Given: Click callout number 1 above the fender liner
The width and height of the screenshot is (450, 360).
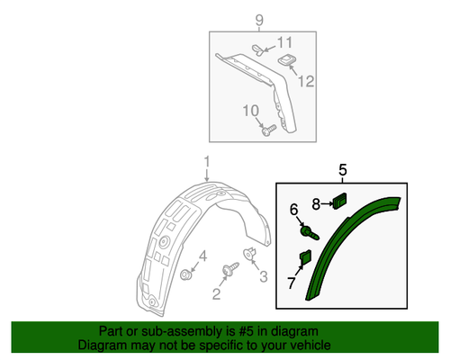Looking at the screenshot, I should [205, 163].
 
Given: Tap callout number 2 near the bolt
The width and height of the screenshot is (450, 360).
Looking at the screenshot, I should [217, 292].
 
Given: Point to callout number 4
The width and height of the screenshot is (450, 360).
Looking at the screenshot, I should [203, 256].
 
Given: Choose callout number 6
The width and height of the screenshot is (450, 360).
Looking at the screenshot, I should [293, 210].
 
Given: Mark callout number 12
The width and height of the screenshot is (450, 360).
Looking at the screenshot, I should [306, 81].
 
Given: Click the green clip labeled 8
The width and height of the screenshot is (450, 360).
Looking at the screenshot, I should [340, 200].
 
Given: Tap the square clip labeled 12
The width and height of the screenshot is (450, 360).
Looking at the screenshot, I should [288, 61].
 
